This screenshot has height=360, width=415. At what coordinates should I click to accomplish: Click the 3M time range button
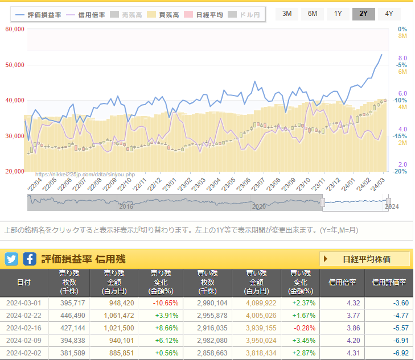287,14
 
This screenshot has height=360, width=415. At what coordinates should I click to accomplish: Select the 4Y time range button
389,14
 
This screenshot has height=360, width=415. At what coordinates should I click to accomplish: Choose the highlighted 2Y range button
363,14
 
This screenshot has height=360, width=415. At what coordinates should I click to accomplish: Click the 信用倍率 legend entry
86,14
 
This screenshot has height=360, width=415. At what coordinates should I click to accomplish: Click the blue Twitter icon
11,259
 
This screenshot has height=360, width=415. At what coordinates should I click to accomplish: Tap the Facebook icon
30,259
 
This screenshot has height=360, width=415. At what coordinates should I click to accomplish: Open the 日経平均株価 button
364,259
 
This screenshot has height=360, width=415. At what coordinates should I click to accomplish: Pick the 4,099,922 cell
261,303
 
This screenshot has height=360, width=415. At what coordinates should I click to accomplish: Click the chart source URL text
85,175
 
